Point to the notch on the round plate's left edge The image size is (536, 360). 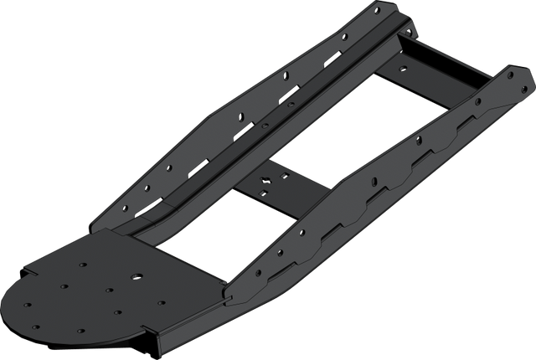pyautogui.click(x=29, y=273)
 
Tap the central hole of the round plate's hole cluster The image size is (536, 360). pyautogui.click(x=109, y=290)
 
